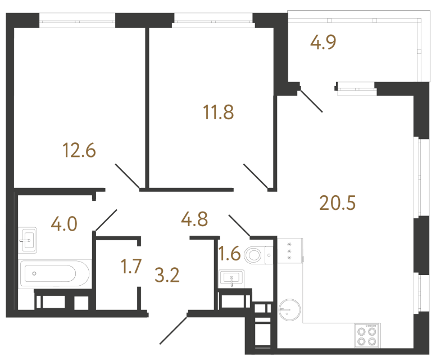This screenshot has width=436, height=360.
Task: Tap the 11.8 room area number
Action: pyautogui.click(x=218, y=112)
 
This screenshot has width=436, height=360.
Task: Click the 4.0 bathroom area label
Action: pyautogui.click(x=63, y=224)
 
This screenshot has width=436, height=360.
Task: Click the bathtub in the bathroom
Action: pyautogui.click(x=54, y=274)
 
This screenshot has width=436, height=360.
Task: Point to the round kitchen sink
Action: pyautogui.click(x=290, y=309)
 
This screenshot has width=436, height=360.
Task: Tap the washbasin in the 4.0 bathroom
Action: pyautogui.click(x=28, y=241)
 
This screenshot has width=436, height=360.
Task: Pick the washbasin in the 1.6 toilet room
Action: pyautogui.click(x=232, y=278)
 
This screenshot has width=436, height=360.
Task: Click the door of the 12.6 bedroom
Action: pyautogui.click(x=127, y=176)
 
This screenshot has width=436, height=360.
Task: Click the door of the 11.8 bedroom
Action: pyautogui.click(x=256, y=175)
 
